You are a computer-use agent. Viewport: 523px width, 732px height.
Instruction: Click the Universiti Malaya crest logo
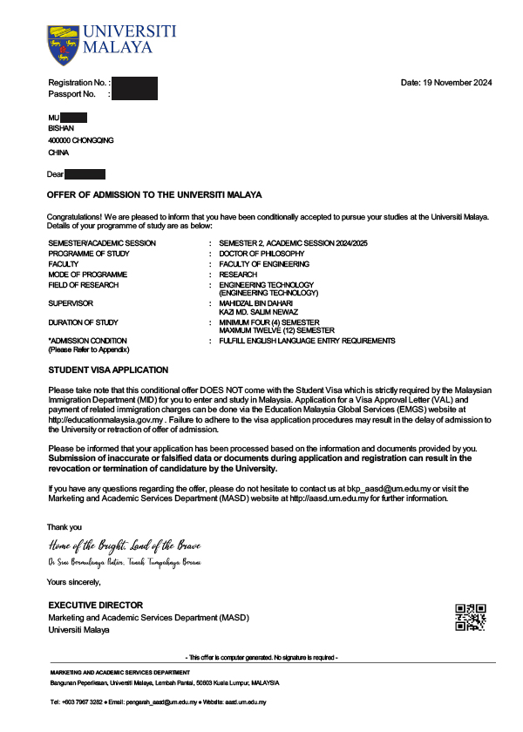pyautogui.click(x=62, y=45)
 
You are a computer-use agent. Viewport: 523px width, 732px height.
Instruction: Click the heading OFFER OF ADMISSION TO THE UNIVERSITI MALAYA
pyautogui.click(x=153, y=195)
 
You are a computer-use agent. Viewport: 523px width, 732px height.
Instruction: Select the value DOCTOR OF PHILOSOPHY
pyautogui.click(x=261, y=254)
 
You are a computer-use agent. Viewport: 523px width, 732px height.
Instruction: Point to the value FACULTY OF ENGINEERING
pyautogui.click(x=264, y=264)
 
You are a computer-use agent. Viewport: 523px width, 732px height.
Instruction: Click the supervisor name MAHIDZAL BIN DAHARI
pyautogui.click(x=255, y=302)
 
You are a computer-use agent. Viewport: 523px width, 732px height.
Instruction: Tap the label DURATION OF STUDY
pyautogui.click(x=83, y=322)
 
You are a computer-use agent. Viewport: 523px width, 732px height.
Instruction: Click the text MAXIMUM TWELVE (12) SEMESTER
pyautogui.click(x=276, y=331)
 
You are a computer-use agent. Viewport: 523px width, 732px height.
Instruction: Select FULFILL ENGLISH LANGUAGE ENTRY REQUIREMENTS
pyautogui.click(x=307, y=342)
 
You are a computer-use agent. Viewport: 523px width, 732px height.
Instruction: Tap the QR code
pyautogui.click(x=470, y=616)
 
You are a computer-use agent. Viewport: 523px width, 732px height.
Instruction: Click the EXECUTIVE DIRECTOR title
pyautogui.click(x=95, y=606)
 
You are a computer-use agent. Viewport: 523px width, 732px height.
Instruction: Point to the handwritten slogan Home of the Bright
pyautogui.click(x=125, y=546)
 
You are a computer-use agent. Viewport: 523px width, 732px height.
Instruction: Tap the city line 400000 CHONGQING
pyautogui.click(x=80, y=140)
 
